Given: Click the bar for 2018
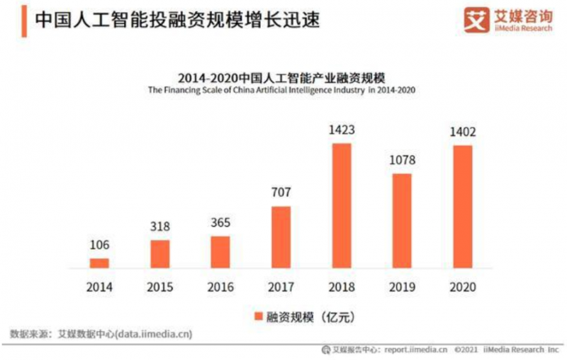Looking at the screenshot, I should tap(342, 206).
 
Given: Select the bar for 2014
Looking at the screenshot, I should tap(99, 263).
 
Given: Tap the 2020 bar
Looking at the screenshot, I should tap(463, 206).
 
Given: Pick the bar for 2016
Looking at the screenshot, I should tap(220, 252).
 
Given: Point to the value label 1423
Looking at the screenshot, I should tap(342, 131).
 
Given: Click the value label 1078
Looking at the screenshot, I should tap(402, 161).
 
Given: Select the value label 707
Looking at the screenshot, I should tap(281, 193).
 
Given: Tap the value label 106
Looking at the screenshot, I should tap(99, 245).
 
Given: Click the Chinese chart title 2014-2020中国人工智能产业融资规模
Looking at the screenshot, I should tap(281, 77).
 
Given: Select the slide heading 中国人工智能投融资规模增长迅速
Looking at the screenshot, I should tap(177, 19).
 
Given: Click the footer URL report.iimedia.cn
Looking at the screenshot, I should tap(415, 349).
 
